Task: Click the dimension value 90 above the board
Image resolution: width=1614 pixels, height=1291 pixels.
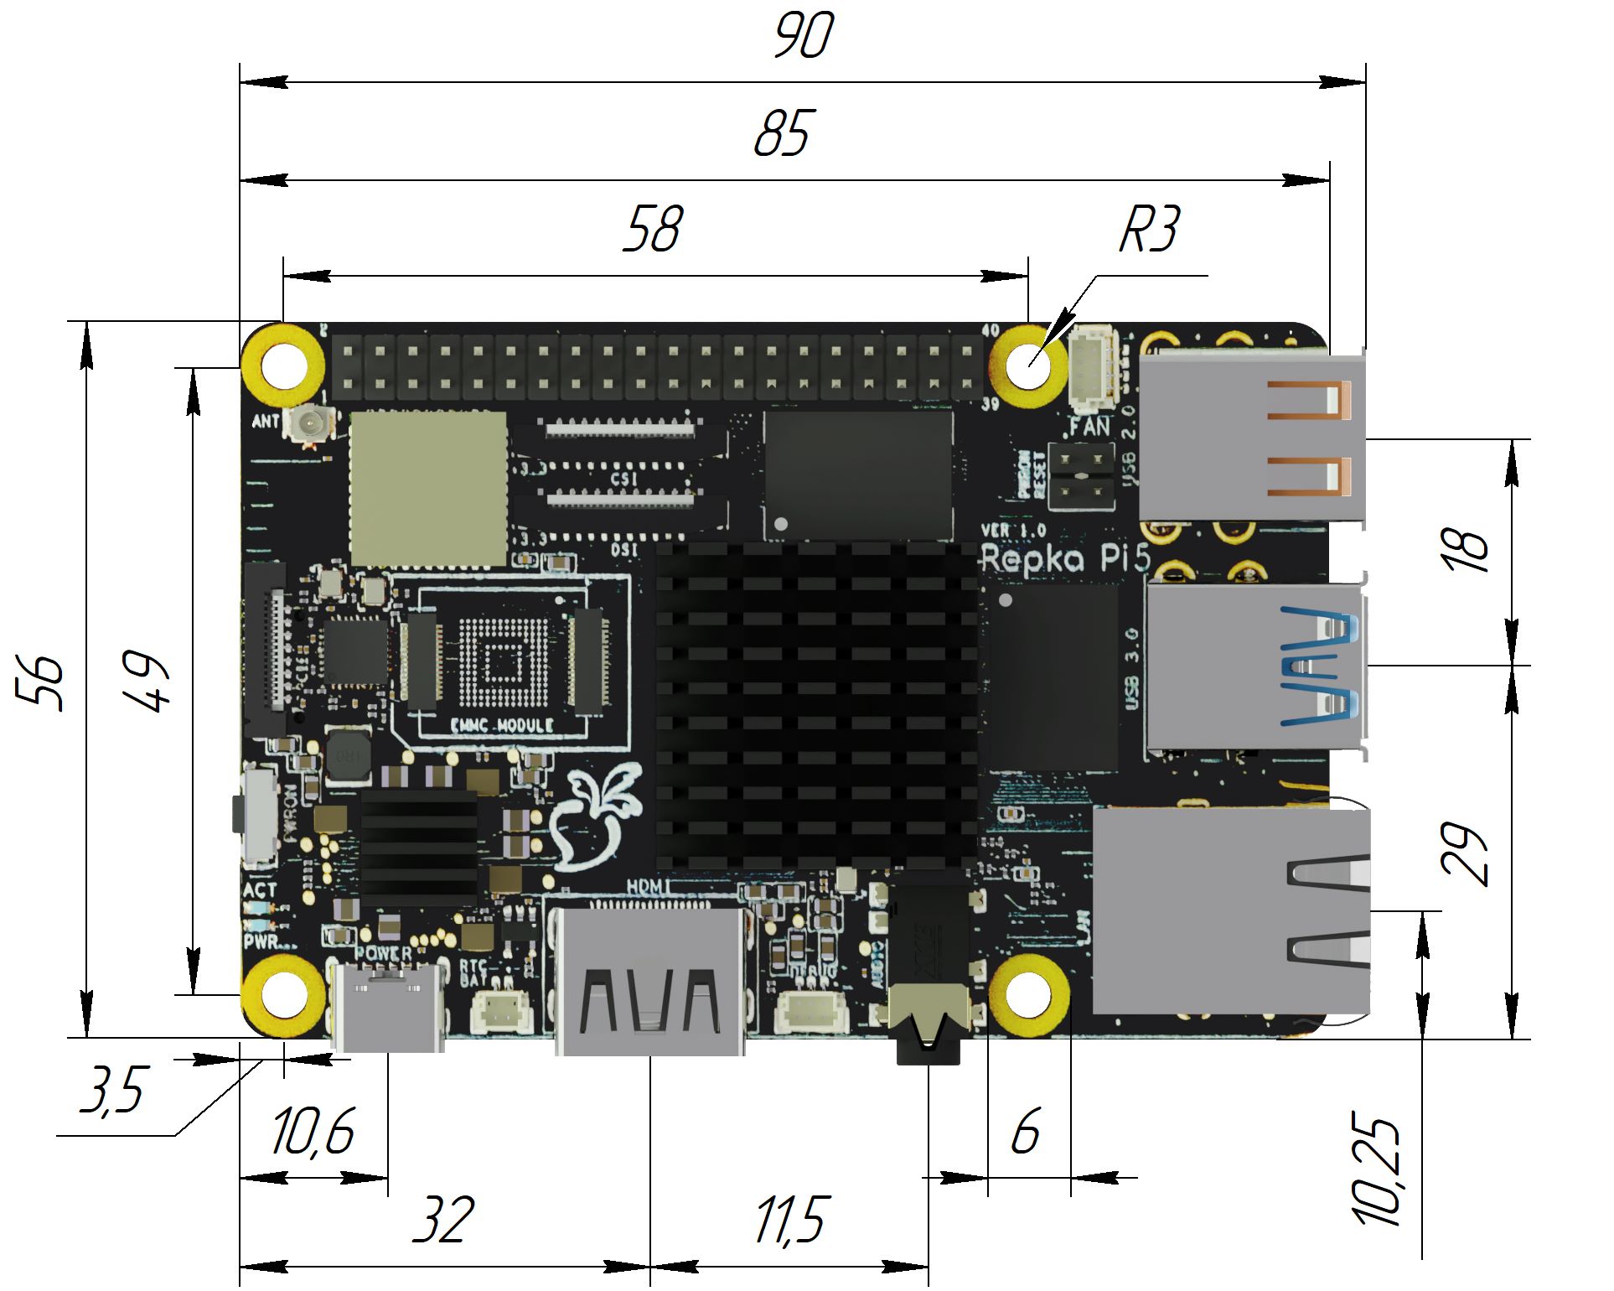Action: pos(803,35)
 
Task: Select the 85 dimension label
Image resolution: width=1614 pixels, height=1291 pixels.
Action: pos(783,133)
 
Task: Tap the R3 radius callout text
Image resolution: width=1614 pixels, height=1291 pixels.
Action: pos(1150,228)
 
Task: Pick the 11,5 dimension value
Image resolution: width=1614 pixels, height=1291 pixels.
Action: pos(791,1220)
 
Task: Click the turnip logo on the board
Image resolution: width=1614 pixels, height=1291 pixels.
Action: pos(597,817)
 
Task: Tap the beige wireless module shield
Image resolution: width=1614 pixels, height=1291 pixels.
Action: pos(428,489)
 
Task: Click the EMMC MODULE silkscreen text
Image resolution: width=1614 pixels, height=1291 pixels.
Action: pos(502,726)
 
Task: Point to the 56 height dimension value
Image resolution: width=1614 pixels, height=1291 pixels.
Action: pos(40,682)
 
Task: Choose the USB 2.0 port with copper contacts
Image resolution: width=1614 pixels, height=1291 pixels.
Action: pos(1253,438)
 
